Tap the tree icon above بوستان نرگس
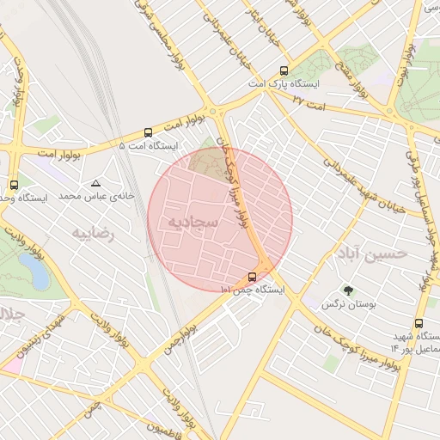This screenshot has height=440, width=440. click(347, 290)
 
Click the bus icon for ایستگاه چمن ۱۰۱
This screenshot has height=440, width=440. click(252, 277)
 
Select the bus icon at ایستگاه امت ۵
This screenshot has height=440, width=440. click(149, 132)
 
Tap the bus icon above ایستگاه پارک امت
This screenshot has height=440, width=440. click(284, 71)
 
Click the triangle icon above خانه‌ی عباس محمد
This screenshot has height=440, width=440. click(95, 183)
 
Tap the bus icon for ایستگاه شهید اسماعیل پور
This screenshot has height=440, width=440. click(419, 323)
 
